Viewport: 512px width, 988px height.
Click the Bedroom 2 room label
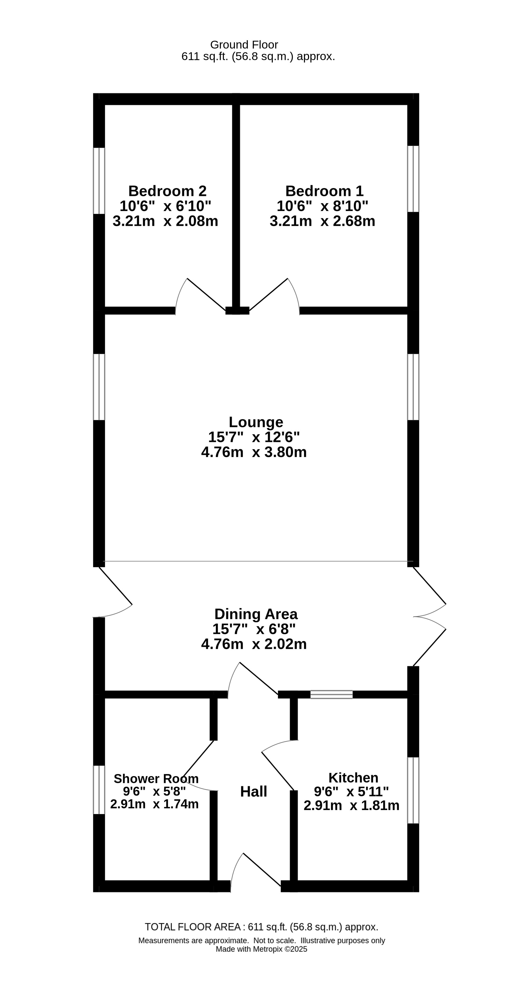(x=167, y=191)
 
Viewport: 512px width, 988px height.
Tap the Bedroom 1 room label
(x=324, y=191)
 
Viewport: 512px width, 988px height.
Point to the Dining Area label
(x=256, y=614)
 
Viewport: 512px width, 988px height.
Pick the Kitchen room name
(x=353, y=778)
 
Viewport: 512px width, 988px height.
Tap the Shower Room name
(x=156, y=779)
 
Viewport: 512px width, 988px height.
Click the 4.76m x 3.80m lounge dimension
(x=254, y=452)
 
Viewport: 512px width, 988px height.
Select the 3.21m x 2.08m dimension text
(x=165, y=221)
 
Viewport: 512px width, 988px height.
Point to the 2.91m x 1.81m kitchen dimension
(x=352, y=805)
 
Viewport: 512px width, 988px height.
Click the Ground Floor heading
(x=244, y=45)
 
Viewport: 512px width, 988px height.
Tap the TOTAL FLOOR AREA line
(x=261, y=927)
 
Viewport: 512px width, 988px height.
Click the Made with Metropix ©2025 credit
(x=261, y=949)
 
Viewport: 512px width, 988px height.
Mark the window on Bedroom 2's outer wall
(x=99, y=181)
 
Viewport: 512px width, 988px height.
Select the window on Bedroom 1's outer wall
(x=413, y=179)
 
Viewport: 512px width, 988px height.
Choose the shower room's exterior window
(x=99, y=790)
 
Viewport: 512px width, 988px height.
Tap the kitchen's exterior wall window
(x=413, y=790)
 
